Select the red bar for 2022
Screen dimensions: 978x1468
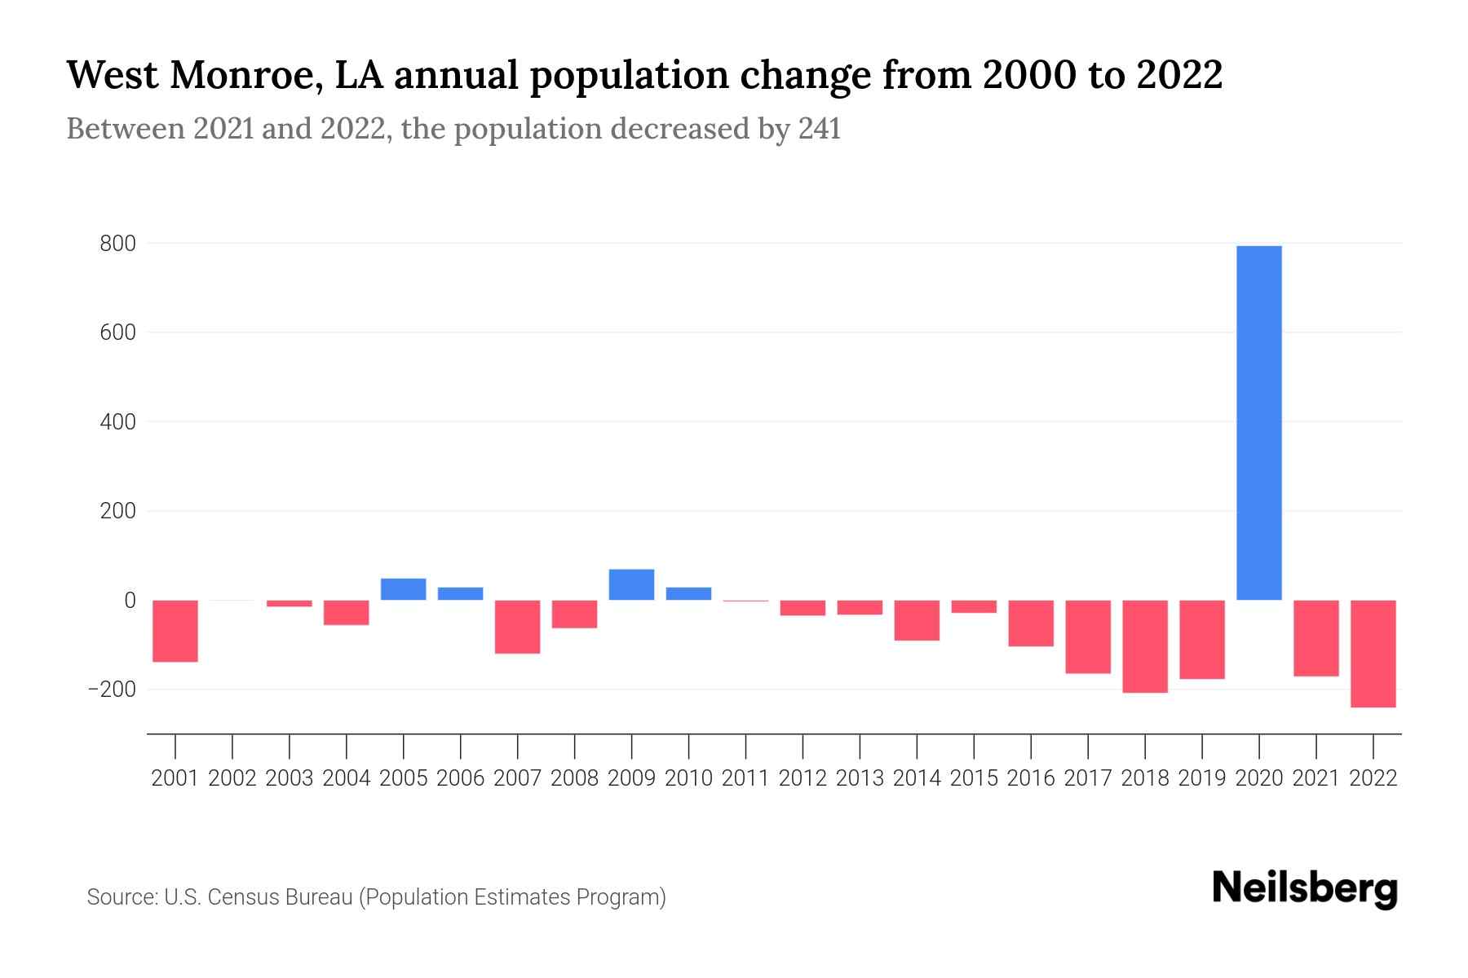point(1373,654)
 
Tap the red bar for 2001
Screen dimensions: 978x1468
point(175,631)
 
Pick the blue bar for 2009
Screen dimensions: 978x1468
point(631,584)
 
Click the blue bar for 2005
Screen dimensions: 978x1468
point(403,589)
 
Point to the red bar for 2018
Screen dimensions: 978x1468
point(1144,646)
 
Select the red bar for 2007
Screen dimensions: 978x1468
point(517,627)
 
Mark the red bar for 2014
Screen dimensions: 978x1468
point(917,620)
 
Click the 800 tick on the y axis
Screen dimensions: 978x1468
point(118,244)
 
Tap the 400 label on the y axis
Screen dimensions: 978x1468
point(118,422)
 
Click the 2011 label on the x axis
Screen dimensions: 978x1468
point(745,778)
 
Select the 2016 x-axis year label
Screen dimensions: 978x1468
point(1030,778)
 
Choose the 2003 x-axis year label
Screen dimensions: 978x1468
point(290,778)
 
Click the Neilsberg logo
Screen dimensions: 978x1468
point(1305,888)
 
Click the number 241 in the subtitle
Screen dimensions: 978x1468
point(819,129)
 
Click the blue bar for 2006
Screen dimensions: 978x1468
point(460,593)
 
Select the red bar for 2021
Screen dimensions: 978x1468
point(1315,638)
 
